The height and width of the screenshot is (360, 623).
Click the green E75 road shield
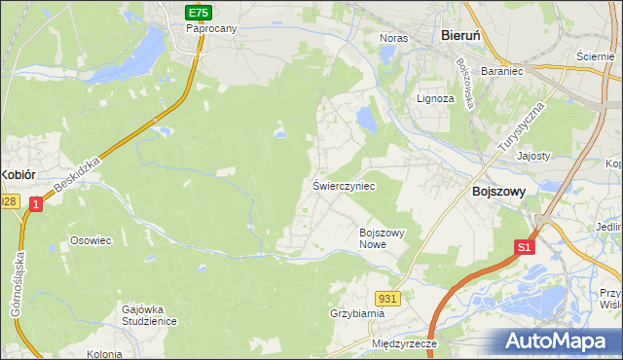[198, 12]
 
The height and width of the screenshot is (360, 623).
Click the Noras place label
[392, 38]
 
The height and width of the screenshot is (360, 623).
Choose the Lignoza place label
[435, 98]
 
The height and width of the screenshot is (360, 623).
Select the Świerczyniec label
[344, 184]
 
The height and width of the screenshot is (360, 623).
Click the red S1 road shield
[524, 247]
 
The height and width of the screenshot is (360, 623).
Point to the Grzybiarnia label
[357, 313]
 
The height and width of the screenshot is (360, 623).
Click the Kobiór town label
[18, 174]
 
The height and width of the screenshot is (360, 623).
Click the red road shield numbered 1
[35, 203]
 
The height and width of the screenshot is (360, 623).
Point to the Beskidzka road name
[79, 176]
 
